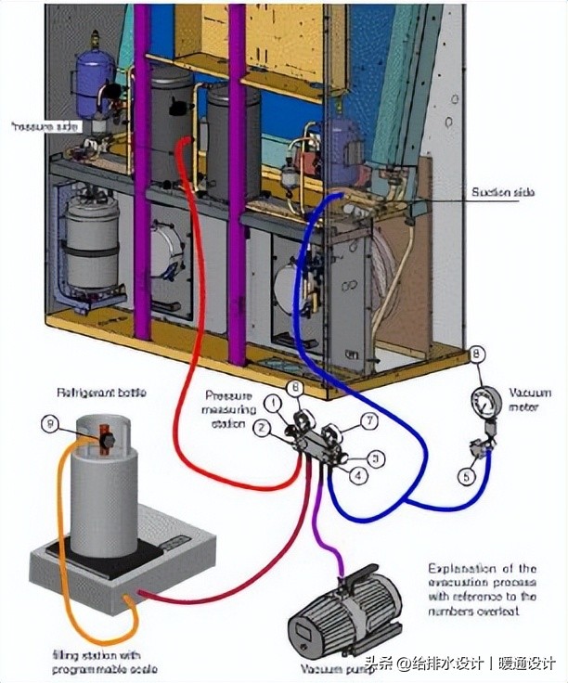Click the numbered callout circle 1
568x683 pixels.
[274, 402]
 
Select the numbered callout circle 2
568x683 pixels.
[264, 427]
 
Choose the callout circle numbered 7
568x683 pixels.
[368, 421]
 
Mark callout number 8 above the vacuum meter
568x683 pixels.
[476, 353]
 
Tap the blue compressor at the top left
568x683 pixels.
[94, 70]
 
